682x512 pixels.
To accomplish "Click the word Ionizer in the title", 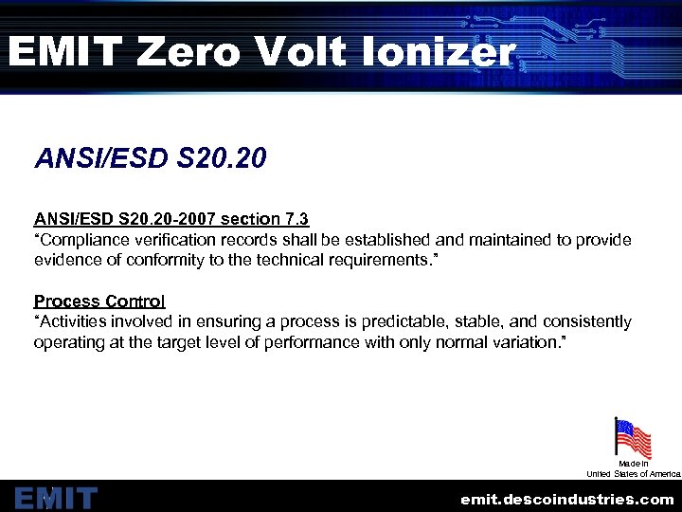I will click(x=440, y=53).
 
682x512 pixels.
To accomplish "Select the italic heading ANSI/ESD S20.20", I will click(x=150, y=157).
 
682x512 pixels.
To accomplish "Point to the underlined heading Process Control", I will click(x=99, y=301).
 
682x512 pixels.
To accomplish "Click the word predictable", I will click(x=410, y=321).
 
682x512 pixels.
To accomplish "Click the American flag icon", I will click(x=633, y=438).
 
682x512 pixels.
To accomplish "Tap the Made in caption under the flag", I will click(x=633, y=463).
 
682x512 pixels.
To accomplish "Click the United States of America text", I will click(x=633, y=473).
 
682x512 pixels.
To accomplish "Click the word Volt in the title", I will click(x=300, y=53).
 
